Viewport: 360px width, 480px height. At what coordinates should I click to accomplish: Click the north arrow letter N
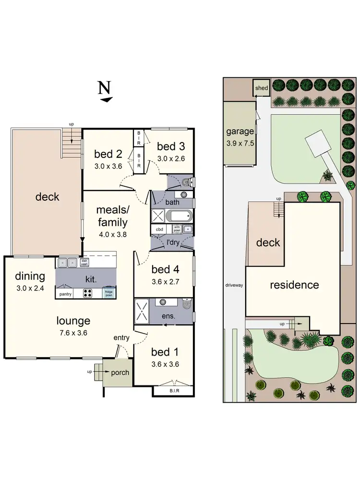click(105, 88)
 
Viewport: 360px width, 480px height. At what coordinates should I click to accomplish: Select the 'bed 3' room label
click(171, 146)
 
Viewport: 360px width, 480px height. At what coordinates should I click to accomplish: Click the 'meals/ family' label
click(112, 216)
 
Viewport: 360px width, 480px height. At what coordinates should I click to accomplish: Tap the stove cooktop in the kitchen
click(88, 293)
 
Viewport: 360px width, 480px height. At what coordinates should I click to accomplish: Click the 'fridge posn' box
click(109, 293)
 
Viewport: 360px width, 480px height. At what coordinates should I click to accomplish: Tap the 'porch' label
click(120, 372)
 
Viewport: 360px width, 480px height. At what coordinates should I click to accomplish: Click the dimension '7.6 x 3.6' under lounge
click(73, 332)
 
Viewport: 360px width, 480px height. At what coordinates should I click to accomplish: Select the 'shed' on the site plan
click(262, 88)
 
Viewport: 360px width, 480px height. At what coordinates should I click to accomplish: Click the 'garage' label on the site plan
click(240, 132)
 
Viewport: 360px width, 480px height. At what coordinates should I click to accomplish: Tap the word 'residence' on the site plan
click(294, 285)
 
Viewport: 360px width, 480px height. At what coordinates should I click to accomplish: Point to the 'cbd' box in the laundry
click(159, 229)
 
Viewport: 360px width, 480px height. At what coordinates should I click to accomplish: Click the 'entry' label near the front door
click(121, 337)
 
